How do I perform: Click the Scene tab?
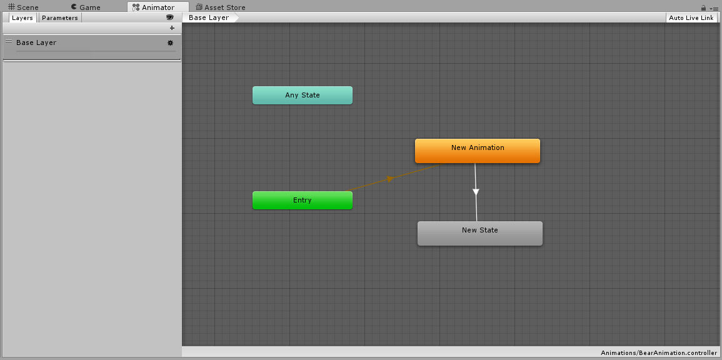click(24, 7)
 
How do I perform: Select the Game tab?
click(86, 7)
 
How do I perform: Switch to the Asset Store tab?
click(220, 7)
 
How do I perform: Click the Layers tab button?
click(23, 18)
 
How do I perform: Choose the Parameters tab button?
click(60, 18)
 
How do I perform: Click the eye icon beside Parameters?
click(170, 17)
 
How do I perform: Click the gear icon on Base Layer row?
click(171, 43)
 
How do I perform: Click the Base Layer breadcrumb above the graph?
click(209, 17)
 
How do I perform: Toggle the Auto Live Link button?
click(691, 18)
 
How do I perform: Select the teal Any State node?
click(303, 95)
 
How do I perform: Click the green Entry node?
click(303, 200)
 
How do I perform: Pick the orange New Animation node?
click(478, 151)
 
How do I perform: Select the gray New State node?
click(480, 233)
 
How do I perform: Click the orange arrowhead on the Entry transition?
click(391, 179)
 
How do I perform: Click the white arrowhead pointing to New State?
click(476, 191)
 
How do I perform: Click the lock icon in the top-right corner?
click(704, 8)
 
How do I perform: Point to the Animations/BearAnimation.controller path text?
click(659, 353)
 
